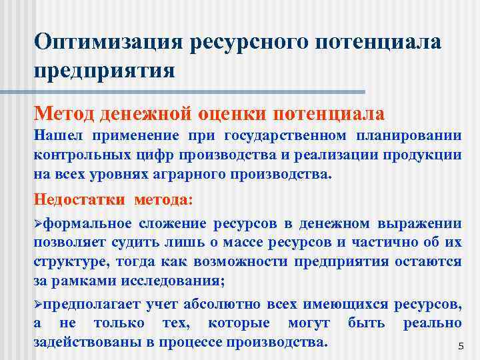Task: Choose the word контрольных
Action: point(83,156)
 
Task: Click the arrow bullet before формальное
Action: point(38,223)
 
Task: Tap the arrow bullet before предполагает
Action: point(38,305)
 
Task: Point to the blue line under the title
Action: point(199,91)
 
